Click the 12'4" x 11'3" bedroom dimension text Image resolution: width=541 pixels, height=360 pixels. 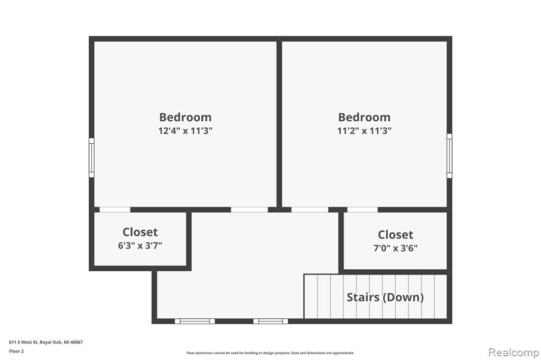(185, 131)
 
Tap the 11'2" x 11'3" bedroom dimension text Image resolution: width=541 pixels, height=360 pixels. (365, 131)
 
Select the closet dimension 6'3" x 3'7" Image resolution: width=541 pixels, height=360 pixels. (140, 245)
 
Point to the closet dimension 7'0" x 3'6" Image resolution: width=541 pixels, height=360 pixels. (395, 248)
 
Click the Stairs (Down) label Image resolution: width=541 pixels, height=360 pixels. (385, 297)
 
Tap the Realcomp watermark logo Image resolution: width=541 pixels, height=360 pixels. (514, 353)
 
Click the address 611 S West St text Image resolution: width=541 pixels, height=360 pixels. (23, 342)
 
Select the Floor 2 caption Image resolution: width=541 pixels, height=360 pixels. (16, 351)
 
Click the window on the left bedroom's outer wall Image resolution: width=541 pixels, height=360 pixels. (91, 158)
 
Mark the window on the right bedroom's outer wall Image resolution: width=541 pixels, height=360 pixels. (449, 156)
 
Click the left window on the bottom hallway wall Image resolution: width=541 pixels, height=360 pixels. (195, 321)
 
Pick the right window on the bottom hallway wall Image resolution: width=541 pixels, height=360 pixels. (271, 321)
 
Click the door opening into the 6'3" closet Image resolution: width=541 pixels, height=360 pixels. (115, 210)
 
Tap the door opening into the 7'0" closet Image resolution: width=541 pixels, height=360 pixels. (362, 210)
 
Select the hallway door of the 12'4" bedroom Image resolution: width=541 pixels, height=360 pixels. (249, 210)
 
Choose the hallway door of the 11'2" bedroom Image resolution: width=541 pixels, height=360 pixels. (310, 210)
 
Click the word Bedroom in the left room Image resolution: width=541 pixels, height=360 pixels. (185, 117)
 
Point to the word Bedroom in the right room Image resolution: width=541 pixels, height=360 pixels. (365, 117)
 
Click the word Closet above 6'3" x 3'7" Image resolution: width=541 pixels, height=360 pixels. (140, 232)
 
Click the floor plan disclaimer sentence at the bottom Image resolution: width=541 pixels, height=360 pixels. (270, 353)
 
